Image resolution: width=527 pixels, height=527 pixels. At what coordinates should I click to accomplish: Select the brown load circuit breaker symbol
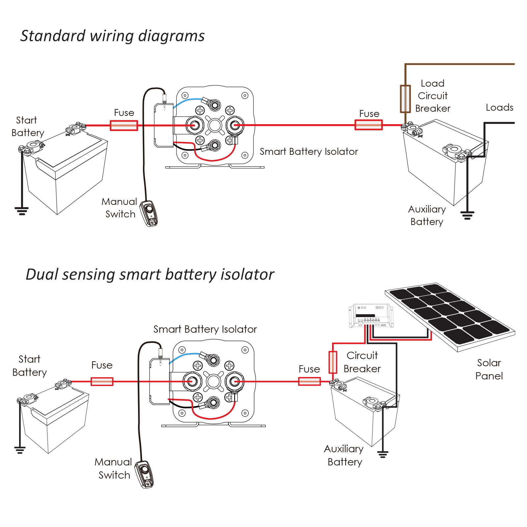(x=405, y=99)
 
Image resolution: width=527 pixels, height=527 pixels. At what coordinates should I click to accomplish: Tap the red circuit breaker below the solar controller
(x=333, y=362)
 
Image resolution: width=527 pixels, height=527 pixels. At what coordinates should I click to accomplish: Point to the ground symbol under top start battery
(x=22, y=211)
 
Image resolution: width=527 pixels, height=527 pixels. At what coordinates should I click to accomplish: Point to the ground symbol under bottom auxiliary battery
(x=383, y=455)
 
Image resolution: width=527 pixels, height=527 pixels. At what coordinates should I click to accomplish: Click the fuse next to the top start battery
(x=124, y=125)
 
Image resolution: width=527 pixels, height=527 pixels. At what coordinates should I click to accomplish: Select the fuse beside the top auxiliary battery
(x=369, y=125)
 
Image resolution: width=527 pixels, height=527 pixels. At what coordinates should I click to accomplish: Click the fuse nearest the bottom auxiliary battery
(x=309, y=381)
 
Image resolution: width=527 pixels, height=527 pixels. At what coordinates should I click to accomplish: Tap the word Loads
(x=499, y=108)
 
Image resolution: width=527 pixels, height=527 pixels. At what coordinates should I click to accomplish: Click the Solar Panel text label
(x=489, y=369)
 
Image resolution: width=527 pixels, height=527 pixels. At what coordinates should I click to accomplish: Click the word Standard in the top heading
(x=53, y=36)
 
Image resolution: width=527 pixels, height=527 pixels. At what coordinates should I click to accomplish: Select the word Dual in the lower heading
(x=42, y=274)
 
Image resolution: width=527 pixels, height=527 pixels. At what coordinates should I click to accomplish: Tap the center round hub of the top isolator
(x=215, y=125)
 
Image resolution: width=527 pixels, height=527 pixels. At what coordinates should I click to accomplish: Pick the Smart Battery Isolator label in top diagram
(x=309, y=152)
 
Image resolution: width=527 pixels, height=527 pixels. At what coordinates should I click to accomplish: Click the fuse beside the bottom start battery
(x=102, y=381)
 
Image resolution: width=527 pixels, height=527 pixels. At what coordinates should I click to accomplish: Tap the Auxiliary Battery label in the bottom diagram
(x=344, y=455)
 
